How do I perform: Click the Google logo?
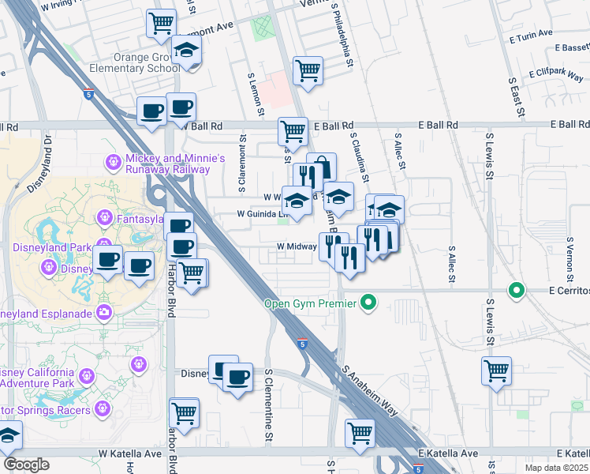pos(26,465)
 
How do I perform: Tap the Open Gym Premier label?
pos(310,302)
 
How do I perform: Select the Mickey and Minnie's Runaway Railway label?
pos(168,164)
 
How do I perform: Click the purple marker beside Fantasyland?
pos(104,216)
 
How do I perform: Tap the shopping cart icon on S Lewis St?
pos(496,370)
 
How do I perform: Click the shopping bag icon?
pos(322,167)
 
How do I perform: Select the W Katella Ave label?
pos(129,454)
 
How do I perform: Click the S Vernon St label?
pos(569,257)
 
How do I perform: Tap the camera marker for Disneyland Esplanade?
pos(104,313)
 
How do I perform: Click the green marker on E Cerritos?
pos(517,291)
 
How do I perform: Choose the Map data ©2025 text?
pos(557,468)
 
